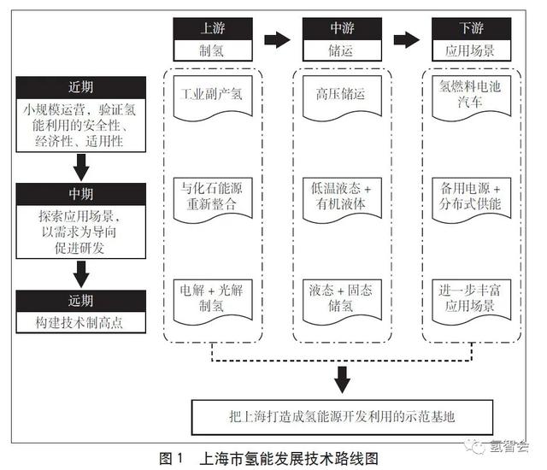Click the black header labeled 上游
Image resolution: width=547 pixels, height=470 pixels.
click(x=213, y=28)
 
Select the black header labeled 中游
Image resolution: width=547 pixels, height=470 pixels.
click(x=342, y=28)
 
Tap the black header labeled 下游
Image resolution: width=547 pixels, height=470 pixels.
click(x=472, y=28)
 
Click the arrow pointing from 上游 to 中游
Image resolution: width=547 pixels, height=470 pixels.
click(x=277, y=40)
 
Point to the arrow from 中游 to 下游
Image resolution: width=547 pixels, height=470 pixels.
click(x=407, y=40)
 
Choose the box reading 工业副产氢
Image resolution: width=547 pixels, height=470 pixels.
click(x=213, y=97)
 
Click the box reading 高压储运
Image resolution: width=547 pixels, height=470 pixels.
click(x=342, y=97)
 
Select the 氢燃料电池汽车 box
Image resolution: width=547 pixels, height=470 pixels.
click(x=472, y=97)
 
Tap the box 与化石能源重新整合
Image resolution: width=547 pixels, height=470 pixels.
click(x=213, y=199)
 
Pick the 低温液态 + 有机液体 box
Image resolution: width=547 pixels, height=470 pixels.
click(x=342, y=199)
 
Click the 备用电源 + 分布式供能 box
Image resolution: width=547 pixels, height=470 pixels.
click(x=472, y=199)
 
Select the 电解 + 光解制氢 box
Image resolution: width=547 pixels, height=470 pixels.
click(x=213, y=302)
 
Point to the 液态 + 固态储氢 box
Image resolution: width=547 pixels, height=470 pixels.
click(x=342, y=302)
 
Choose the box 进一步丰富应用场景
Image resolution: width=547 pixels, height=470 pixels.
click(x=472, y=302)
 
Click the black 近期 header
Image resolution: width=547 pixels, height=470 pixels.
click(x=81, y=87)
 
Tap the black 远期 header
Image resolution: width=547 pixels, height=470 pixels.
click(x=81, y=301)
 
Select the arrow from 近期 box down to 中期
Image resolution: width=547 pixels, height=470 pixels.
click(x=81, y=167)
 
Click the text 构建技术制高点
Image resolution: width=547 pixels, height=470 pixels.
click(x=79, y=322)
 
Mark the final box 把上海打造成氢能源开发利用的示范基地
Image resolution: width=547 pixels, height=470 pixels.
click(x=342, y=417)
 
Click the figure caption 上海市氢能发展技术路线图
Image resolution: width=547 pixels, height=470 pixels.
click(x=289, y=459)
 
